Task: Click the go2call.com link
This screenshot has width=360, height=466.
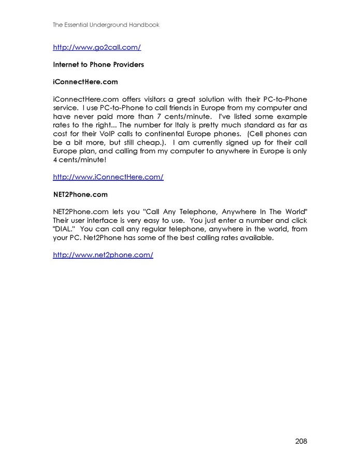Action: tap(97, 48)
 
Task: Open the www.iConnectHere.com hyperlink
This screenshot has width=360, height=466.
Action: tap(108, 177)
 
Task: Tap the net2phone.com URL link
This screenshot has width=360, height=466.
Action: tap(103, 255)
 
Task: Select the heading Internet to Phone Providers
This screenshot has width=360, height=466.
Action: tap(98, 65)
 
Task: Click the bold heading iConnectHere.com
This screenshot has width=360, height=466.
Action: tap(85, 82)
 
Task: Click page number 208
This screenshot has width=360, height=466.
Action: tap(301, 442)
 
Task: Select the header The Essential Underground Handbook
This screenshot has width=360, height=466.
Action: tap(106, 24)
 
